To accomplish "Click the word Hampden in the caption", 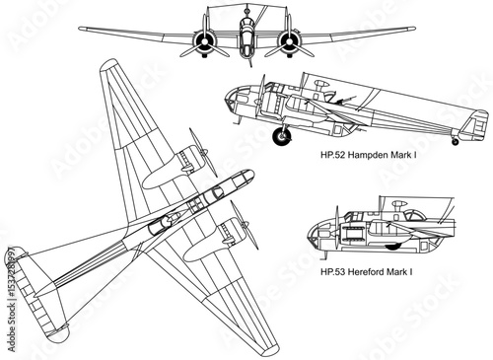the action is pyautogui.click(x=367, y=155).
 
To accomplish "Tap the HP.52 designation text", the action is pyautogui.click(x=332, y=155).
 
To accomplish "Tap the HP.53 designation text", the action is pyautogui.click(x=333, y=272).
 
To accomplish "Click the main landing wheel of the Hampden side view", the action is pyautogui.click(x=282, y=136).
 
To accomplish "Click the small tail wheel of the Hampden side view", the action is pyautogui.click(x=456, y=142).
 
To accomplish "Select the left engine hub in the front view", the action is pyautogui.click(x=204, y=41).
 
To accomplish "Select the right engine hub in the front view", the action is pyautogui.click(x=290, y=41).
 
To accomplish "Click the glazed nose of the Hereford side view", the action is pyautogui.click(x=317, y=234).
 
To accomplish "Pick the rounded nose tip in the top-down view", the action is pyautogui.click(x=248, y=175).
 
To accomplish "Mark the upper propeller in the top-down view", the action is pyautogui.click(x=203, y=152).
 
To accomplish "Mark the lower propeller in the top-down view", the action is pyautogui.click(x=244, y=225).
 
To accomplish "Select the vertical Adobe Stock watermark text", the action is pyautogui.click(x=12, y=298).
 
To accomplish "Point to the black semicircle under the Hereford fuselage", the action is pyautogui.click(x=392, y=247).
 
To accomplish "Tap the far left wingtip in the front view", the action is pyautogui.click(x=82, y=29).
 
